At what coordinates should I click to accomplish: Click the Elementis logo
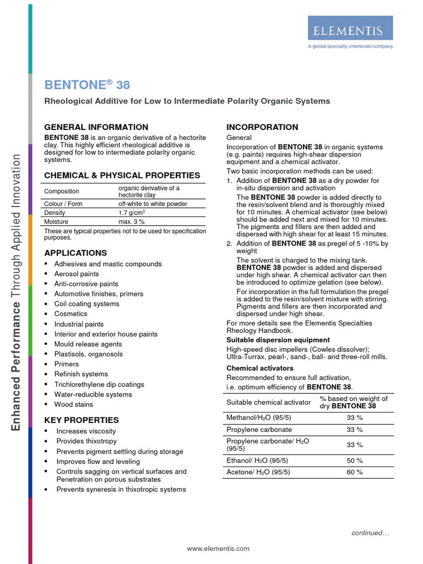350,28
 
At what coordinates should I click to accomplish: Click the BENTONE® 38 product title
87,85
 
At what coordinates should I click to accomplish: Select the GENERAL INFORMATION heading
96,127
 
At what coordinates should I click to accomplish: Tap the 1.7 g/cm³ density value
132,213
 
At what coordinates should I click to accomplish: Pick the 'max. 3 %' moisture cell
132,221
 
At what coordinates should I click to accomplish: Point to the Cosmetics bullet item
72,314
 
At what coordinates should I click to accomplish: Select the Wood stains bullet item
73,404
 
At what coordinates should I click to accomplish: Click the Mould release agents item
88,344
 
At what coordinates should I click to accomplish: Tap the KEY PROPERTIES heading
81,420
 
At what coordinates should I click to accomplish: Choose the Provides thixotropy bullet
86,441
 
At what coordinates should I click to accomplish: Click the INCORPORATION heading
262,127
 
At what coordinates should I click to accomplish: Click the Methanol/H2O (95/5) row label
259,417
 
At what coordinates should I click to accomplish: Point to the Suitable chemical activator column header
264,402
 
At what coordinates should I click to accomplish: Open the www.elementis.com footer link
218,549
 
